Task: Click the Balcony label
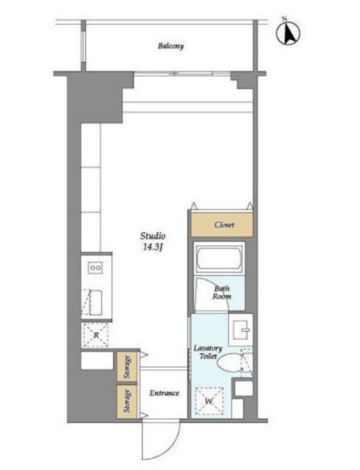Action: pyautogui.click(x=171, y=46)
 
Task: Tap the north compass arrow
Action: pyautogui.click(x=289, y=34)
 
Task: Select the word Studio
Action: pyautogui.click(x=152, y=236)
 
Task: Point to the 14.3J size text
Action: pyautogui.click(x=152, y=247)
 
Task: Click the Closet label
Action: pyautogui.click(x=224, y=225)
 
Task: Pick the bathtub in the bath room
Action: pyautogui.click(x=220, y=258)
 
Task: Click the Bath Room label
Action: pyautogui.click(x=222, y=293)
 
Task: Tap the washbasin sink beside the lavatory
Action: pyautogui.click(x=241, y=330)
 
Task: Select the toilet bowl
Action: pyautogui.click(x=230, y=363)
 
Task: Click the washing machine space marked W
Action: pyautogui.click(x=209, y=401)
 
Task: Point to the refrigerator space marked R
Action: pyautogui.click(x=96, y=335)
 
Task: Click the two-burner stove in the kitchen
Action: pyautogui.click(x=95, y=267)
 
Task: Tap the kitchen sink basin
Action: pyautogui.click(x=95, y=302)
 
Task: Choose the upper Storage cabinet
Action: pyautogui.click(x=127, y=367)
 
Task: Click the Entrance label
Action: pyautogui.click(x=164, y=393)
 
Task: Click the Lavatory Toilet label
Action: pyautogui.click(x=208, y=352)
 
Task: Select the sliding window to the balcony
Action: pyautogui.click(x=182, y=73)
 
